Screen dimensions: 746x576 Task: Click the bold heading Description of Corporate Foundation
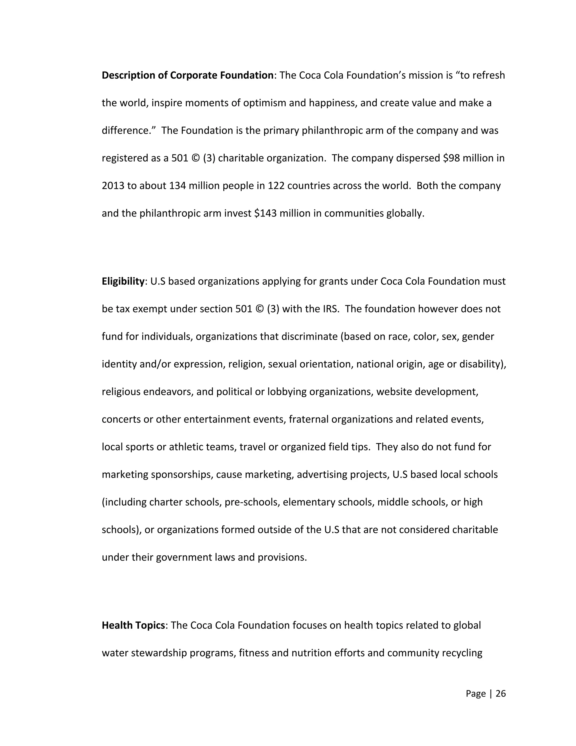187,75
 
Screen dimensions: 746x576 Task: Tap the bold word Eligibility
123,282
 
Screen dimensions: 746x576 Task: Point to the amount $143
265,213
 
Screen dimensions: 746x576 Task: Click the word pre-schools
252,502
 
